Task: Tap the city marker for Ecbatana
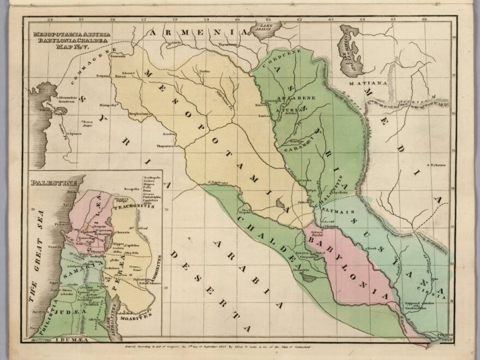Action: tap(428, 165)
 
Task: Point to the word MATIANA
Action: tap(372, 83)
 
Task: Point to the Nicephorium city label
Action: tap(139, 113)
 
